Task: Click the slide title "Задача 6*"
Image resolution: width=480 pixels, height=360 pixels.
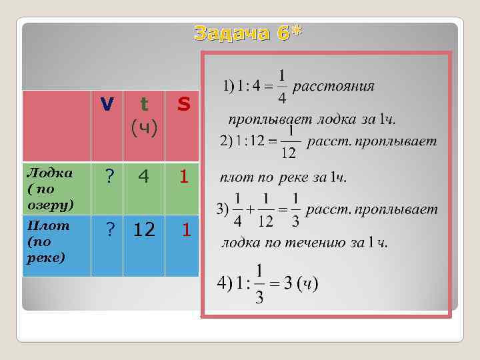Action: (x=248, y=33)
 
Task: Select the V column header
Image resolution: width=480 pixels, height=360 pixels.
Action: (x=107, y=105)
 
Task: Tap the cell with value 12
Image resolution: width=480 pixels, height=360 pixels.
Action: (x=145, y=230)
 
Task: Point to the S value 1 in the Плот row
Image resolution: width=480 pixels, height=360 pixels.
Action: (x=187, y=230)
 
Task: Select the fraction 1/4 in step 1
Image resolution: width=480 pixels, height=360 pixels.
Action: (x=282, y=87)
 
